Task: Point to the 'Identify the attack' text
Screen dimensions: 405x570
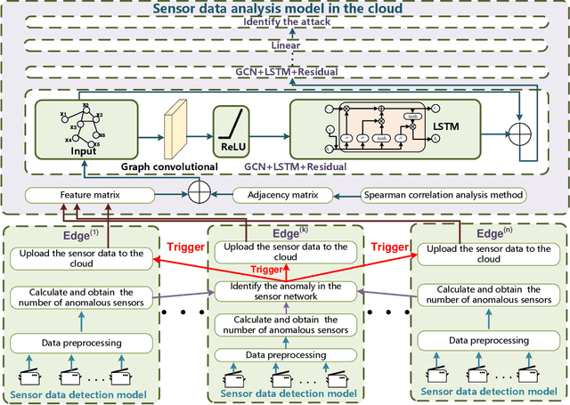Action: click(284, 27)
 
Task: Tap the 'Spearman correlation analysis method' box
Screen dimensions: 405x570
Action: click(446, 194)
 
